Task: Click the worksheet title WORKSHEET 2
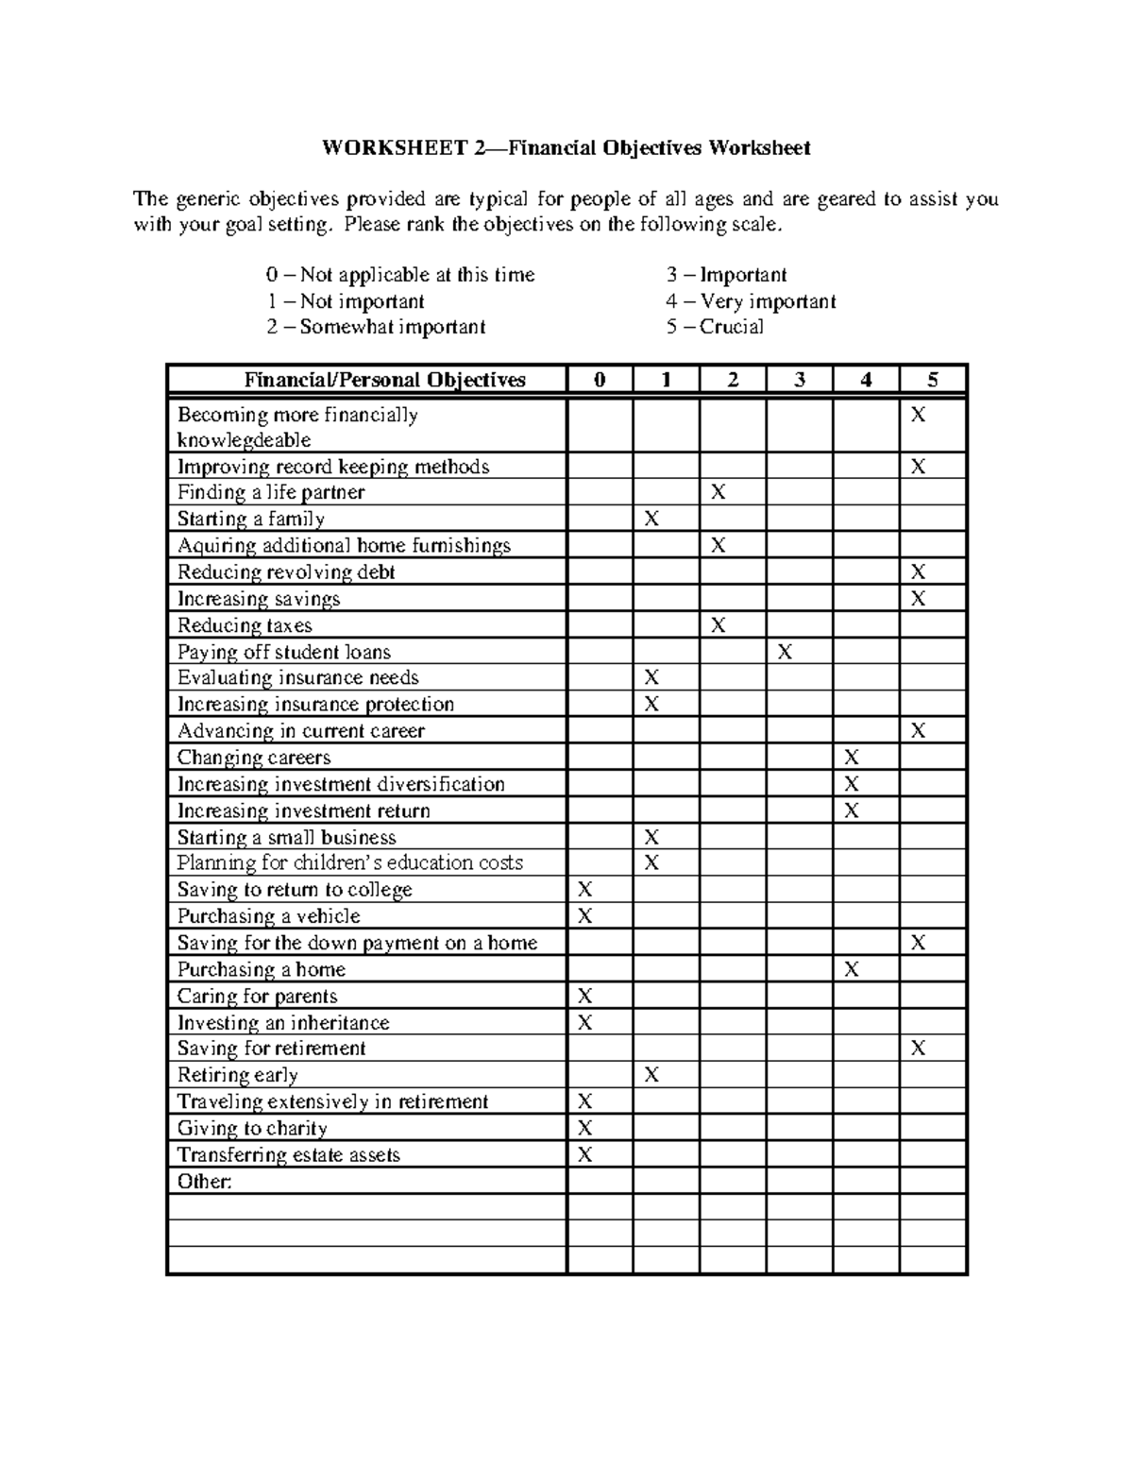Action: point(566,148)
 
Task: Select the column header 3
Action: point(800,381)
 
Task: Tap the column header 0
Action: point(600,381)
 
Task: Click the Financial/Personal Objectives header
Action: point(385,381)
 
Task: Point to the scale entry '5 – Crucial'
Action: point(715,327)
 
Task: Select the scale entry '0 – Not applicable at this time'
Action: point(400,275)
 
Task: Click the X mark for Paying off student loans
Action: point(785,652)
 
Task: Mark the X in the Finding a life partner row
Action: point(719,492)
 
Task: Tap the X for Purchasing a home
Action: point(852,969)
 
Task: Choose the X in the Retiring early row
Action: point(651,1075)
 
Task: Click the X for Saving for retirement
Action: point(918,1049)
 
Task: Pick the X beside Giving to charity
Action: point(585,1128)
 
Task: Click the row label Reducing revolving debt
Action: point(286,572)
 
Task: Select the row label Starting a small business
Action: point(287,838)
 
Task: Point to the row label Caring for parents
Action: point(257,997)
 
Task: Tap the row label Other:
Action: point(205,1182)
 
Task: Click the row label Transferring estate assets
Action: point(289,1155)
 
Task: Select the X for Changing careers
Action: point(852,758)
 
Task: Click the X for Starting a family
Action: point(651,519)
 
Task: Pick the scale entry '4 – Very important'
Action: point(751,301)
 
